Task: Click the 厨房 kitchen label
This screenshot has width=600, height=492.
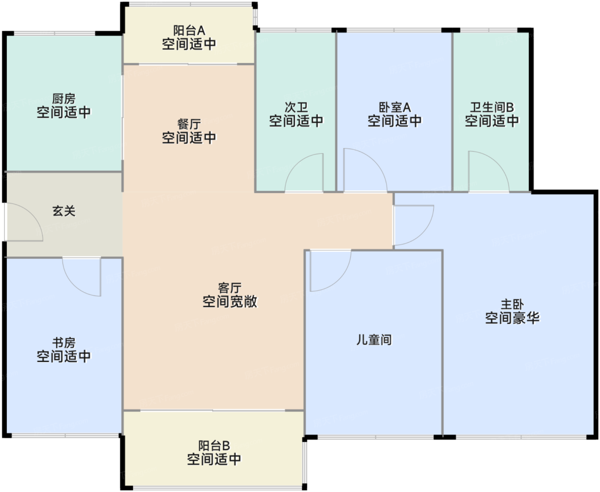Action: (x=64, y=99)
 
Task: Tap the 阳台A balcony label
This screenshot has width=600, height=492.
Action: (x=189, y=30)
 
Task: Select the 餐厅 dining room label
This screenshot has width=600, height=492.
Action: (x=189, y=124)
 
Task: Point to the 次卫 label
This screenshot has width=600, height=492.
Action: (x=296, y=107)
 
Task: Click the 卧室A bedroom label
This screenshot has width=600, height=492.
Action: (x=394, y=107)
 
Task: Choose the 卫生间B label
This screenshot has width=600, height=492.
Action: (x=492, y=107)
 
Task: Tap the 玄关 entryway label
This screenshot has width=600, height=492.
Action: (x=64, y=211)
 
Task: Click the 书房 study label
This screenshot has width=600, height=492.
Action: (x=64, y=343)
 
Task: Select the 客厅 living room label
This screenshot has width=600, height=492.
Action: (x=230, y=288)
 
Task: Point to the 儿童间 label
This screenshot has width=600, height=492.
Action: (x=374, y=340)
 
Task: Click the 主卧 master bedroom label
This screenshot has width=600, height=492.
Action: (x=512, y=305)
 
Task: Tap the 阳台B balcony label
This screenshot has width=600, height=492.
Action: (x=214, y=446)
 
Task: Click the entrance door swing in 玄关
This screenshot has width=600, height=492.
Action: (x=24, y=223)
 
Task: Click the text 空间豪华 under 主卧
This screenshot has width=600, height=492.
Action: (x=512, y=318)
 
